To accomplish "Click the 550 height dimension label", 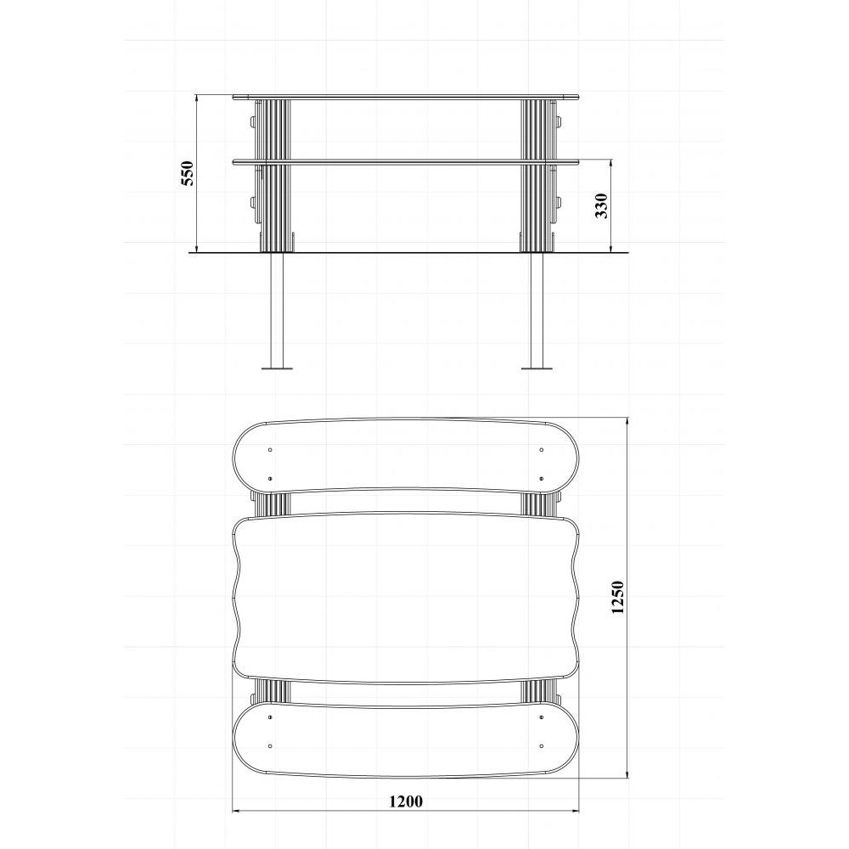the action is click(x=187, y=173).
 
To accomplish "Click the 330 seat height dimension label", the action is click(x=602, y=205).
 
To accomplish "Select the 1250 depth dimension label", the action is click(x=618, y=597).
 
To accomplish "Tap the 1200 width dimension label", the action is click(x=406, y=801).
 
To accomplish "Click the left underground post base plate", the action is click(x=277, y=368).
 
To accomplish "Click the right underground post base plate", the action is click(x=537, y=368).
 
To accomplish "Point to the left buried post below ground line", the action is click(x=277, y=310).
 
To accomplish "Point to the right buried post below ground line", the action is click(x=537, y=310).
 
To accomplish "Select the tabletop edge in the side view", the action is click(x=406, y=98).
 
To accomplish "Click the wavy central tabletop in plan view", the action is click(x=406, y=598).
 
